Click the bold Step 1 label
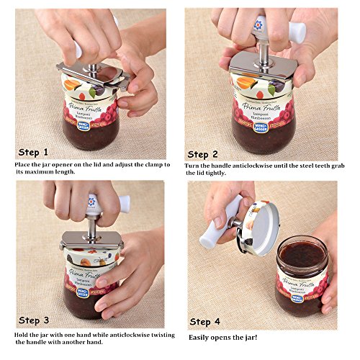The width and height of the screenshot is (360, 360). click(35, 153)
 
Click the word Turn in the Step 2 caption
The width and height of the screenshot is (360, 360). click(196, 166)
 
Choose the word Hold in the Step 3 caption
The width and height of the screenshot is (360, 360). click(23, 336)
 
